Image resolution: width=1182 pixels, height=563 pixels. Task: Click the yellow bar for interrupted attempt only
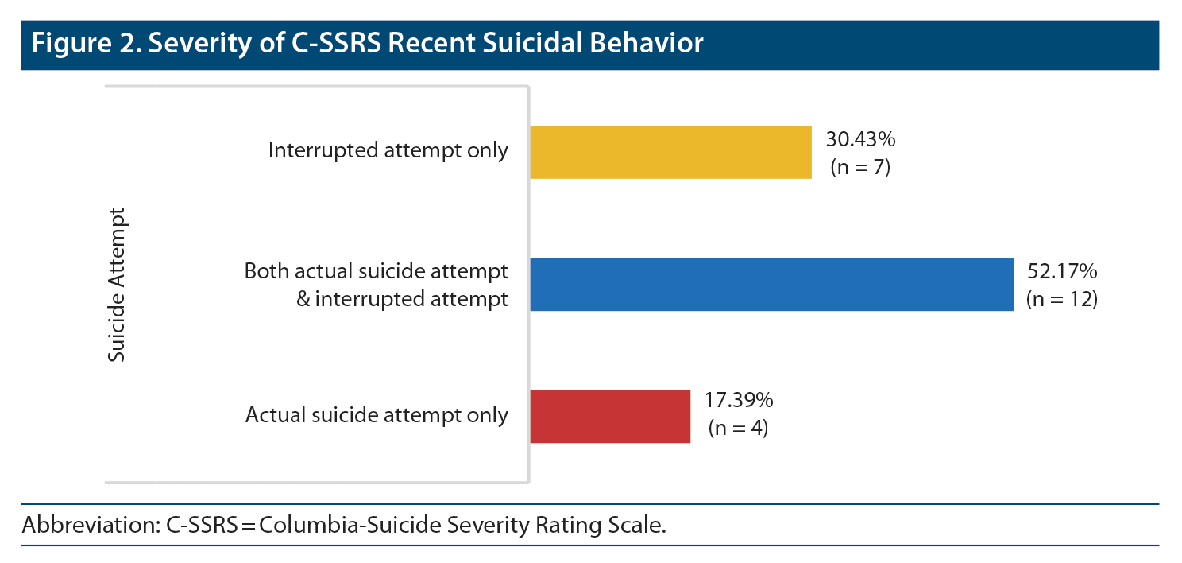(x=670, y=152)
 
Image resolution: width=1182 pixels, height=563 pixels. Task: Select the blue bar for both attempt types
(x=771, y=284)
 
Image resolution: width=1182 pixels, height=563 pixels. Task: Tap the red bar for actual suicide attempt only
(x=610, y=416)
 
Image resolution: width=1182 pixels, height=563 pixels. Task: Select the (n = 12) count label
(x=1061, y=300)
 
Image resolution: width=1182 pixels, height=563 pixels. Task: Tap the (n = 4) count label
(x=739, y=429)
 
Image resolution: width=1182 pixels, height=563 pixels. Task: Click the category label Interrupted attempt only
(x=388, y=150)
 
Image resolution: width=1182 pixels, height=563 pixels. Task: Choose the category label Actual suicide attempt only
(x=377, y=415)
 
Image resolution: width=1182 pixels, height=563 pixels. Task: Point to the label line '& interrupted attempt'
(x=401, y=300)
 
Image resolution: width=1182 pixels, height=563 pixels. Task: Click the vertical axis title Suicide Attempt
(x=117, y=285)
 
